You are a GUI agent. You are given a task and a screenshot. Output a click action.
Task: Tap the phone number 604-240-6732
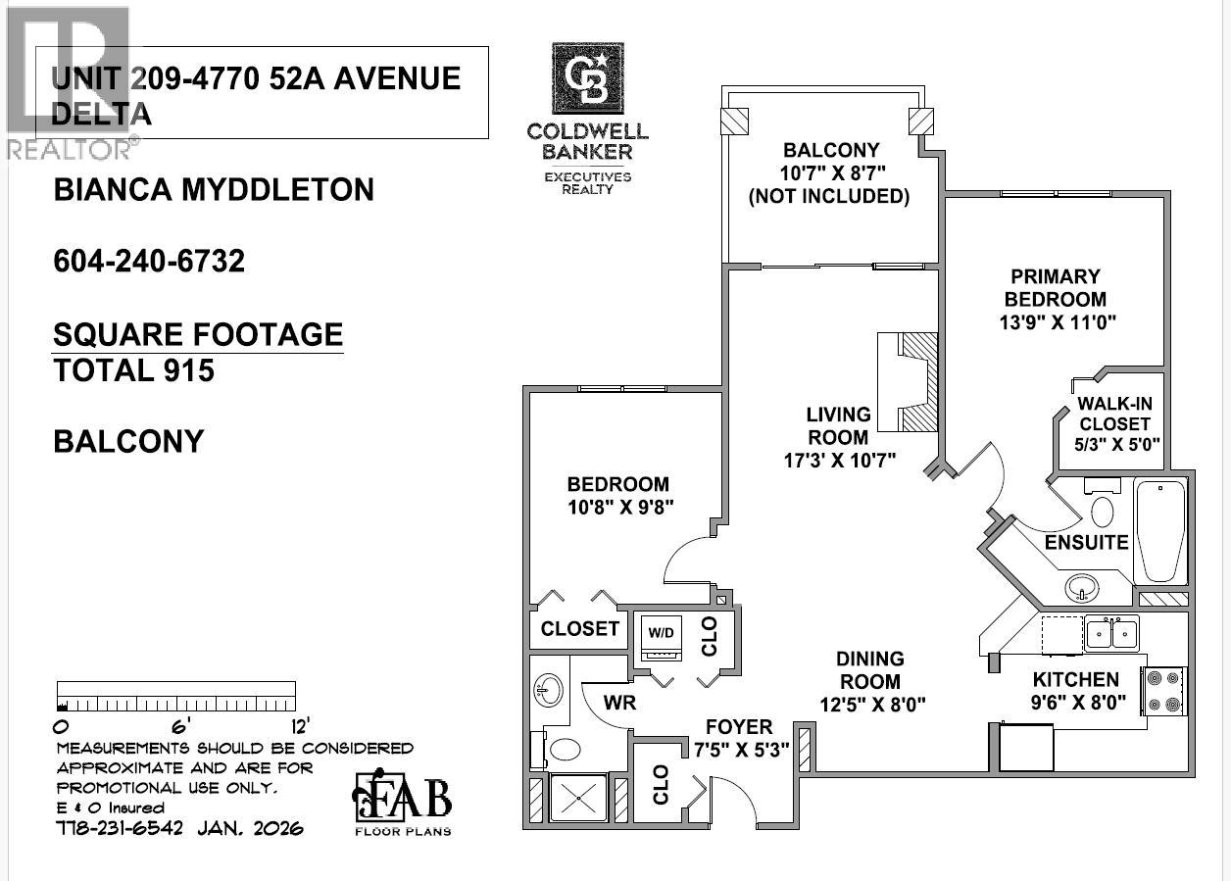click(x=149, y=262)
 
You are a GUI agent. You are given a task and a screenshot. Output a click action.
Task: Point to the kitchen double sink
click(x=1110, y=633)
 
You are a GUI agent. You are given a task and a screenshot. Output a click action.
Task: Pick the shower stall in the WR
click(x=579, y=796)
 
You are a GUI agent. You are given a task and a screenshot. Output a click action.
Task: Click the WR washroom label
click(x=621, y=702)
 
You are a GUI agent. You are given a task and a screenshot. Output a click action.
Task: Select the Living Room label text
click(x=839, y=426)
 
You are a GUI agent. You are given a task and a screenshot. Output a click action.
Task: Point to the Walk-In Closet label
click(x=1113, y=414)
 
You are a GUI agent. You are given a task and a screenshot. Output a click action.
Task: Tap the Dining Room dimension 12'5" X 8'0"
click(x=872, y=703)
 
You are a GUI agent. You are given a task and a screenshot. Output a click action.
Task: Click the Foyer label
click(x=739, y=728)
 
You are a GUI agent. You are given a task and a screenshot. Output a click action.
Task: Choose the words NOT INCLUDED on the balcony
click(x=829, y=196)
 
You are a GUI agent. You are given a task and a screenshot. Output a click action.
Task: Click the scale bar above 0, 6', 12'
click(x=176, y=696)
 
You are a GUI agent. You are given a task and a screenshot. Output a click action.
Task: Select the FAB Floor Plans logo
click(x=402, y=803)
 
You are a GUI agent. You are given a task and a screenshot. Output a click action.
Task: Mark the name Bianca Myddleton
click(x=214, y=189)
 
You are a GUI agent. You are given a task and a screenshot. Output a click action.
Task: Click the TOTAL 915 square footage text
click(x=134, y=370)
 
